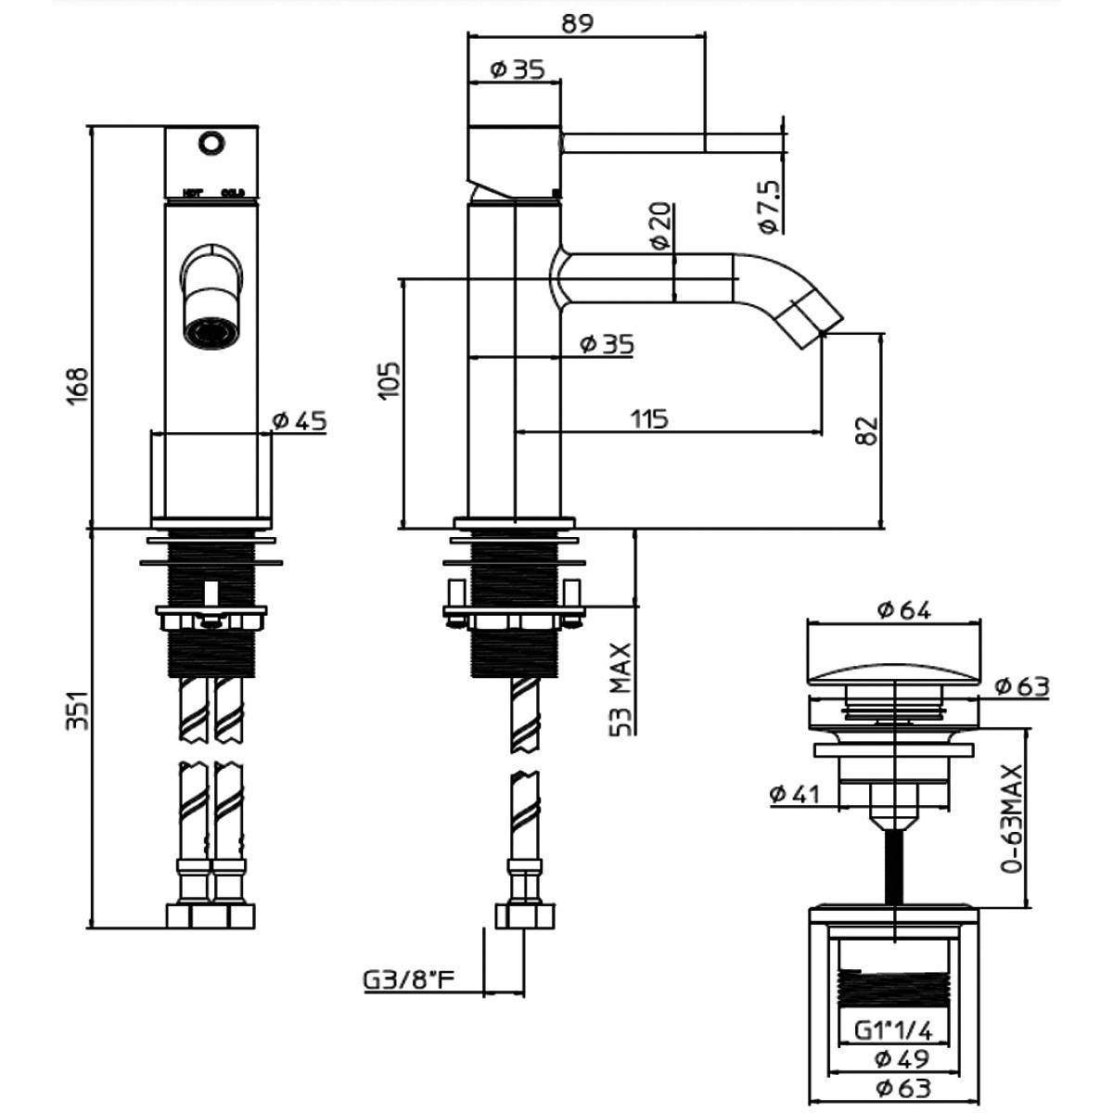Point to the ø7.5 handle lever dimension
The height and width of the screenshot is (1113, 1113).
point(770,206)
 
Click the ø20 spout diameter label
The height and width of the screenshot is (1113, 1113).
point(659,226)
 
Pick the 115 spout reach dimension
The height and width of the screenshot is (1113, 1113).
point(649,419)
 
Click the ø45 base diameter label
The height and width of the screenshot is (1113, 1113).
point(300,421)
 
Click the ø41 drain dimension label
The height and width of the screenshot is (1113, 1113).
point(797,794)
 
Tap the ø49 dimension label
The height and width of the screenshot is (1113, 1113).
point(902,1058)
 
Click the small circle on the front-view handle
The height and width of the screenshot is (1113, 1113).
point(211,143)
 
